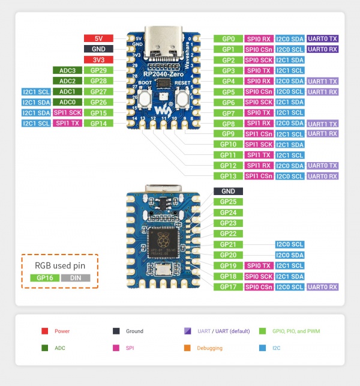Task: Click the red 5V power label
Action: point(98,38)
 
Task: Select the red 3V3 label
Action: point(98,59)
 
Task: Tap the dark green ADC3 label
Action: point(67,70)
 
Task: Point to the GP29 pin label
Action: point(98,70)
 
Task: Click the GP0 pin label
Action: point(228,38)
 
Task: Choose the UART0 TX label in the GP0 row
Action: point(322,38)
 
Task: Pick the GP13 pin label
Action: point(228,176)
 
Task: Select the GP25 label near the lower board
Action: point(228,202)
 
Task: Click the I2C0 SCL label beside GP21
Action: point(289,244)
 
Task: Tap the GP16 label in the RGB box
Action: point(44,278)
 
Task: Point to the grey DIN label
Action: point(75,278)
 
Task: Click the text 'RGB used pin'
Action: point(59,264)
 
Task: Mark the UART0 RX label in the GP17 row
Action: point(322,287)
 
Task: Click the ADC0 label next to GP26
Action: point(67,102)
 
